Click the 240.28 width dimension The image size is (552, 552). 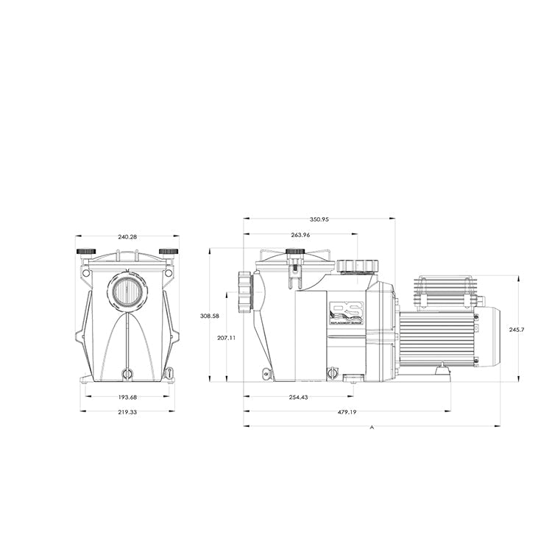[127, 237]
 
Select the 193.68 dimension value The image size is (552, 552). [127, 397]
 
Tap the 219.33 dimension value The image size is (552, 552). [127, 411]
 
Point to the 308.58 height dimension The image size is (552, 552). [210, 315]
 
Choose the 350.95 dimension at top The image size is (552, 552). [319, 219]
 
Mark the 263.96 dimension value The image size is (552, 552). [301, 235]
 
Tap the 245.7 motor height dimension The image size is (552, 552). [517, 330]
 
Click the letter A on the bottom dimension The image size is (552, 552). [372, 427]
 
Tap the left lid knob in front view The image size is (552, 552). [85, 252]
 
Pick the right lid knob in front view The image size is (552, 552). [169, 252]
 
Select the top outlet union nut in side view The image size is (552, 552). [356, 266]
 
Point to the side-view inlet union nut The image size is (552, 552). [245, 291]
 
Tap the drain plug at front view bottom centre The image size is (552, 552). [127, 373]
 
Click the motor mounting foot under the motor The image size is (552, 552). [442, 370]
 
